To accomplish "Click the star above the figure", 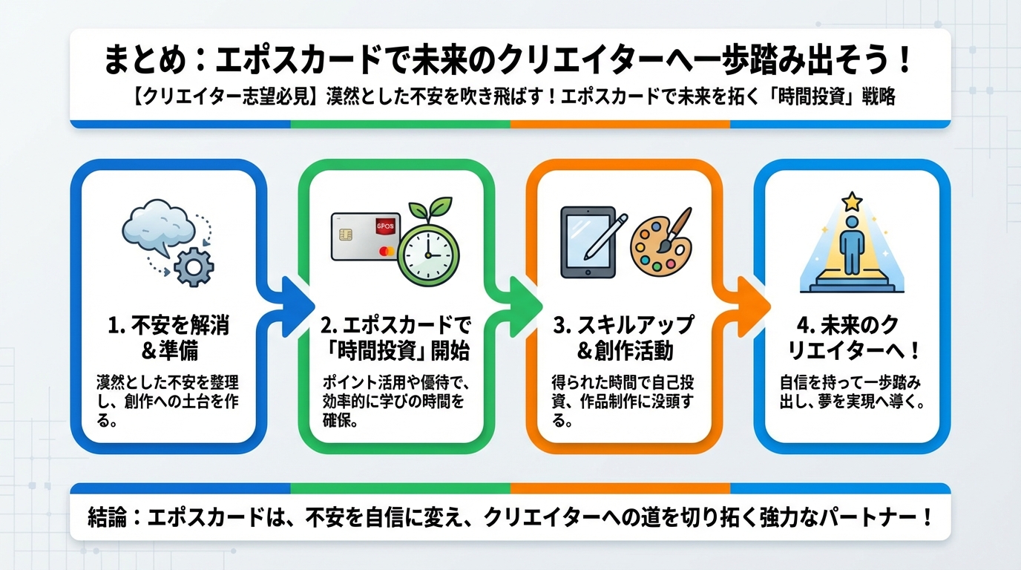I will point(851,200).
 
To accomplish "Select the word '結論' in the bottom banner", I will point(107,517).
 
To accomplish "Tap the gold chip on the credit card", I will point(345,235).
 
